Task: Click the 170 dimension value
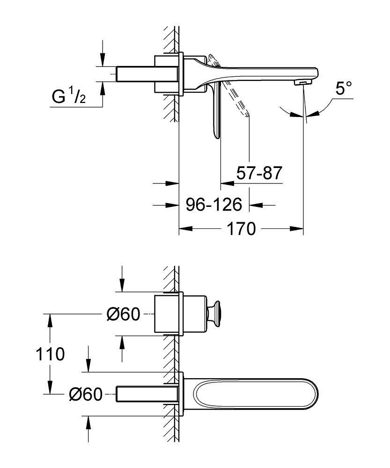(242, 229)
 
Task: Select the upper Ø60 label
(123, 315)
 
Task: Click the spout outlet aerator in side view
(299, 83)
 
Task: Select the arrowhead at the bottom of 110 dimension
(49, 389)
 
